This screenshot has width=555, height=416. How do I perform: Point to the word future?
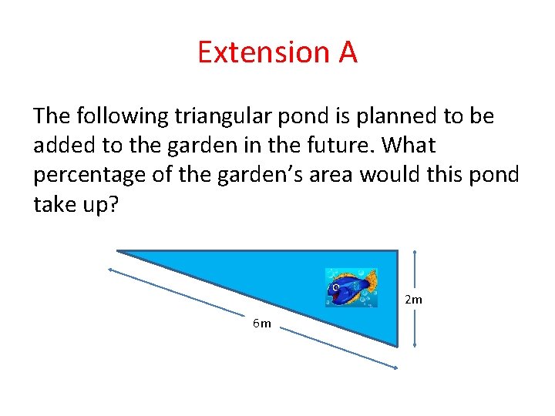[x=342, y=145]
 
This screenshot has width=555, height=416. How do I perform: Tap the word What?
[x=408, y=145]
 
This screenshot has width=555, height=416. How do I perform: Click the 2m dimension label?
[x=413, y=299]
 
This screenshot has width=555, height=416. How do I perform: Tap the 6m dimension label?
[x=262, y=323]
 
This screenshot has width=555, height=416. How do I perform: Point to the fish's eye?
[x=336, y=287]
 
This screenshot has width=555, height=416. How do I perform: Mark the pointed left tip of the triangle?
[x=119, y=251]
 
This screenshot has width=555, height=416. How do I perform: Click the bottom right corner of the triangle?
[x=396, y=344]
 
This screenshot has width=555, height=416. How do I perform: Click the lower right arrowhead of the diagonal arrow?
[x=395, y=367]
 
